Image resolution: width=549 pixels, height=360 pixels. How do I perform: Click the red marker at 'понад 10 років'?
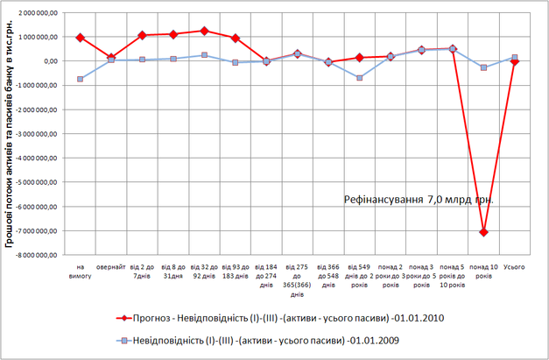click(x=483, y=232)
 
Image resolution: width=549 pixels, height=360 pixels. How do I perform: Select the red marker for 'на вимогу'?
click(x=80, y=38)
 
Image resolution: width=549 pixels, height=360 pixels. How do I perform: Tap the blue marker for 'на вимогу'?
click(x=80, y=79)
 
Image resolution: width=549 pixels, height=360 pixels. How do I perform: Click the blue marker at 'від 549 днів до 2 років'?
click(x=360, y=78)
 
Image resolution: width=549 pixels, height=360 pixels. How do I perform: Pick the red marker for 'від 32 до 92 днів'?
click(x=204, y=31)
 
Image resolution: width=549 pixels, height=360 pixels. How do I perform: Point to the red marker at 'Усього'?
click(x=515, y=61)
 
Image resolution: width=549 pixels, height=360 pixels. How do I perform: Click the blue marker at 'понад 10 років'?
click(x=483, y=67)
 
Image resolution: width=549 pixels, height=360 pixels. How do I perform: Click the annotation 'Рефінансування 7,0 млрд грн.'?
click(x=419, y=199)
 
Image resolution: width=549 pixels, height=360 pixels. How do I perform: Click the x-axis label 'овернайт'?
click(x=110, y=266)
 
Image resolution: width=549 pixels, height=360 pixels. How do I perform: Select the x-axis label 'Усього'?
click(x=515, y=266)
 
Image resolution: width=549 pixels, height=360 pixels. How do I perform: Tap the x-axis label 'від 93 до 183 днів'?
click(x=235, y=271)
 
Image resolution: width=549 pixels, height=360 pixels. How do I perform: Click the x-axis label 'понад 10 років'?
click(x=483, y=271)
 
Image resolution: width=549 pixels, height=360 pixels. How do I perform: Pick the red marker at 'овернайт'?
click(x=111, y=58)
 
